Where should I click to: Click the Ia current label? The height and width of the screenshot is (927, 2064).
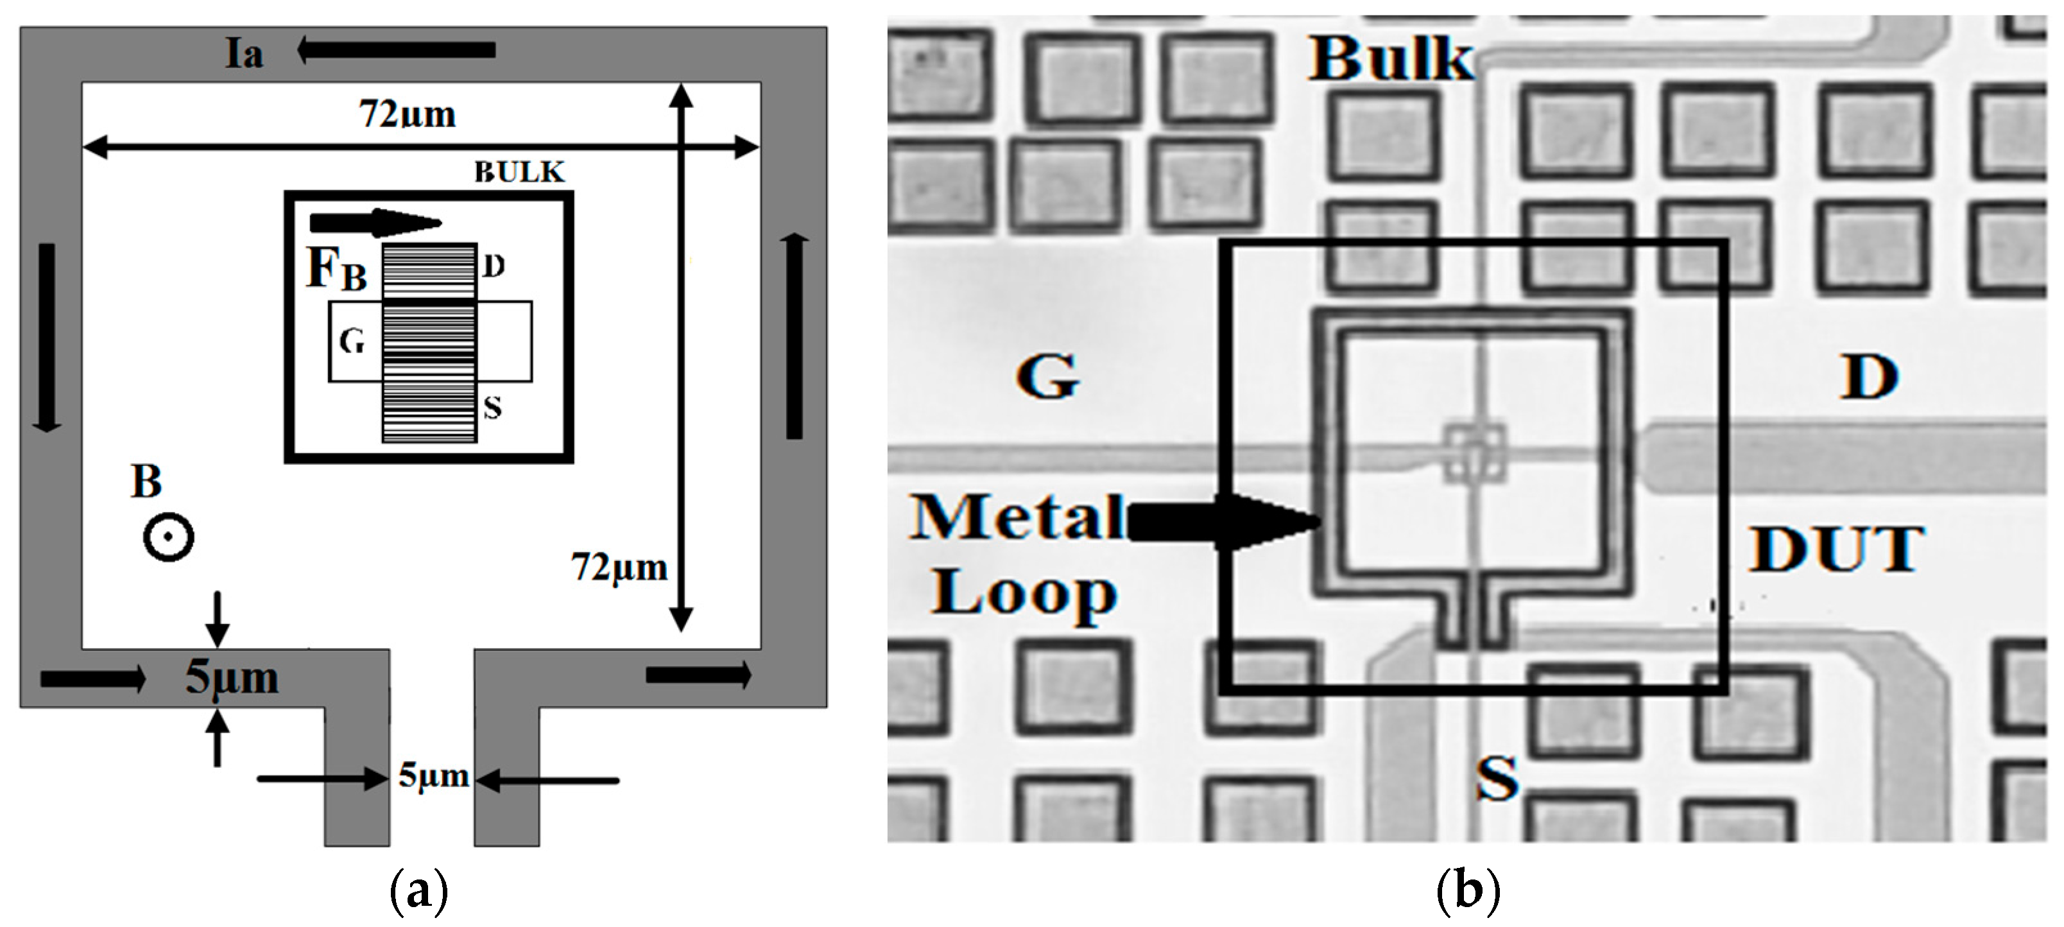244,54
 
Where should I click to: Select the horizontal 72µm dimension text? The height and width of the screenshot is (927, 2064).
407,114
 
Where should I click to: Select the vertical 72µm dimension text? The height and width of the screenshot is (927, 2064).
619,567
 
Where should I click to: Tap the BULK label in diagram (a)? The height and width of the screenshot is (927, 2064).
519,171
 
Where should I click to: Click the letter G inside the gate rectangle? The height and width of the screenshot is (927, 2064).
352,342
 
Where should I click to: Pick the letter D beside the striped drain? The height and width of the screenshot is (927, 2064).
494,266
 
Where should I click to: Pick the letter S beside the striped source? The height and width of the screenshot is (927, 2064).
493,408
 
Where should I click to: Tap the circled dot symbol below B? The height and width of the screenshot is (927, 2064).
168,537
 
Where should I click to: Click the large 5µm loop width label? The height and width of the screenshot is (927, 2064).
232,677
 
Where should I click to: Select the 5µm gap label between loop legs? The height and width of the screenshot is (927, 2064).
433,775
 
